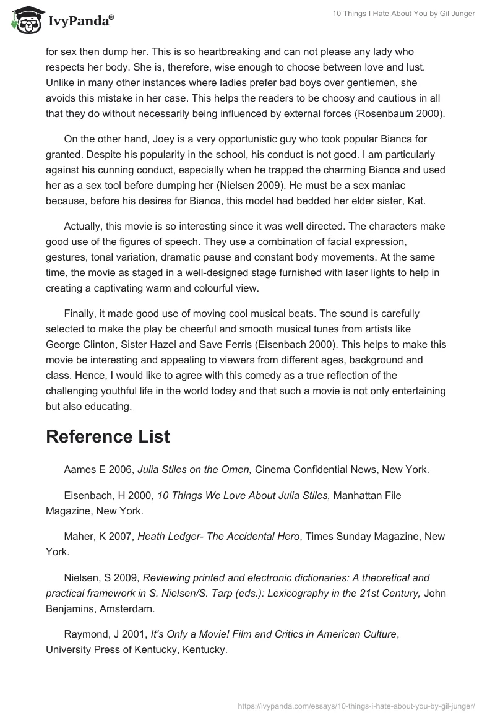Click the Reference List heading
(x=108, y=436)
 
